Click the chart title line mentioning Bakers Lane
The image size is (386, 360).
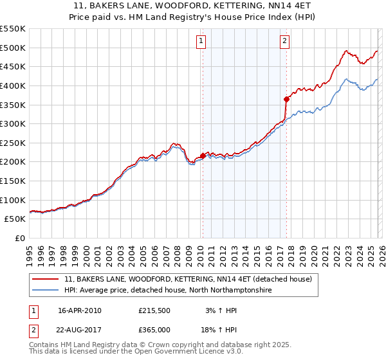tap(192, 6)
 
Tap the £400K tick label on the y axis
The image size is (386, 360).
tap(13, 85)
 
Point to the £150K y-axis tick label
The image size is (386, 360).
tap(13, 181)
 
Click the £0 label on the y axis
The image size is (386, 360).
tap(19, 238)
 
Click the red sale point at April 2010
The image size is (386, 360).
tap(203, 156)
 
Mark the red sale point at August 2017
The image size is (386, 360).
tap(286, 99)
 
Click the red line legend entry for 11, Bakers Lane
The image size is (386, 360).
tap(188, 279)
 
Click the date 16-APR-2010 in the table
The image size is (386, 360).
tap(80, 310)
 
